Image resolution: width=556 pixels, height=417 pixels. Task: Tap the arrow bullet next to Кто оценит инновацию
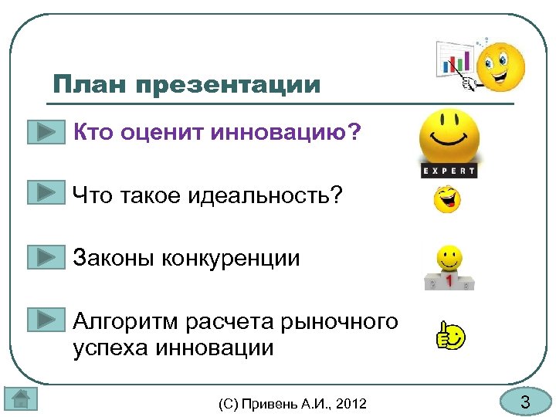46,132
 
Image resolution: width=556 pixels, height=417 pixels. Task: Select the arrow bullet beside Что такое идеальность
46,193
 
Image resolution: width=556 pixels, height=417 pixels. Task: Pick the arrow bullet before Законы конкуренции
46,256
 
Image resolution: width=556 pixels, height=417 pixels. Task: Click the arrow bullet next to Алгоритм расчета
46,319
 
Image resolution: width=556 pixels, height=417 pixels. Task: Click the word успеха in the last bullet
113,347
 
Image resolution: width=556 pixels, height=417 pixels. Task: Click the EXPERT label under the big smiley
449,170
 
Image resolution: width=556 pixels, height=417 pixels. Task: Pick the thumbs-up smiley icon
449,337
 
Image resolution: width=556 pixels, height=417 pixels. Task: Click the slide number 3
525,402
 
